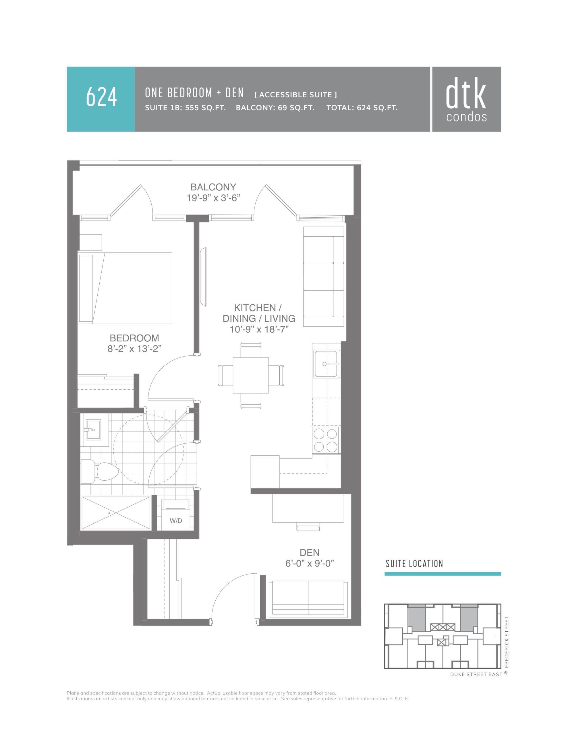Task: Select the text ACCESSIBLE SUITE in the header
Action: (295, 95)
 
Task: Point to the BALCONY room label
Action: (213, 187)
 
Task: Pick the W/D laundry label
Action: (176, 521)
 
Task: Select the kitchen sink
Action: (326, 364)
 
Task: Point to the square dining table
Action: (251, 375)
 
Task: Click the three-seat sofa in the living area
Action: (324, 277)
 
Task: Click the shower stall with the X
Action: (116, 513)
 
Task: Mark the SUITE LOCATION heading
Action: (414, 564)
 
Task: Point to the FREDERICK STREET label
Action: (507, 642)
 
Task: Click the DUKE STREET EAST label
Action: (476, 674)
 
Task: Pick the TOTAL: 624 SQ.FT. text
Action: (362, 108)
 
